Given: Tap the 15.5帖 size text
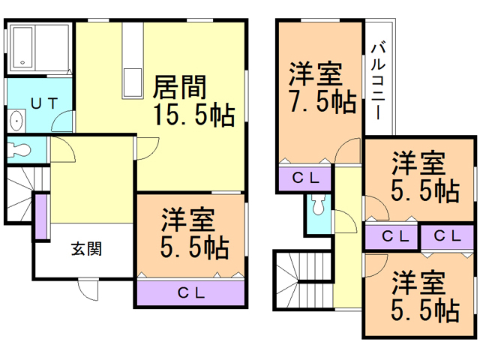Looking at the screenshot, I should pos(193,115).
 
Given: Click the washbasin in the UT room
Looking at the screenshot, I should pos(16,121).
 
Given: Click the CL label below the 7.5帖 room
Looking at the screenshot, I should pos(306,178).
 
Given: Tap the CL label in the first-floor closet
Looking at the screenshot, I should pos(191,292).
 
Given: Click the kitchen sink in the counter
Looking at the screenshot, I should pos(132,78).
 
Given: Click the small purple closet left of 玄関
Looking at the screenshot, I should pos(40,216).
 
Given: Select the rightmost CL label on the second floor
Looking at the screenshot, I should pos(447,236).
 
